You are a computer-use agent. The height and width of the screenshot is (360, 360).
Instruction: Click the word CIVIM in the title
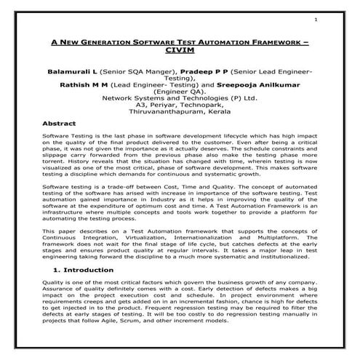[180, 53]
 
